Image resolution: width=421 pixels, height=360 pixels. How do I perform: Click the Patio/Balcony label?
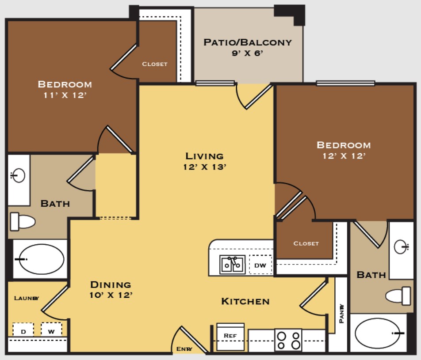click(x=247, y=42)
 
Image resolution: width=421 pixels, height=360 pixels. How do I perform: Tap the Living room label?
click(x=204, y=156)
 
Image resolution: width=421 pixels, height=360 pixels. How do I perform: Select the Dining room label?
click(x=111, y=284)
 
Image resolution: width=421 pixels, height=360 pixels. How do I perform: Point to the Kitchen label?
click(x=245, y=301)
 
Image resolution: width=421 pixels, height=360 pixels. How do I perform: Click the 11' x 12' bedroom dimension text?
click(x=65, y=95)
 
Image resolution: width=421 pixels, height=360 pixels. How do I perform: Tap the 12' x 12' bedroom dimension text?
click(x=344, y=156)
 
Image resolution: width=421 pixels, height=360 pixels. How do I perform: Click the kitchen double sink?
click(x=233, y=265)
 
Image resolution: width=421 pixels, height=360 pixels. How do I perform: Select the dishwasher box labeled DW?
click(x=260, y=265)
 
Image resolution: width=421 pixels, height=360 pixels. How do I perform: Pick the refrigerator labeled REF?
click(x=230, y=337)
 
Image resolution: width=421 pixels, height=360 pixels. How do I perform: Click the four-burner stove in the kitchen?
click(x=288, y=340)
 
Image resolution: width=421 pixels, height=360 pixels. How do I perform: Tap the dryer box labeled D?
click(x=23, y=330)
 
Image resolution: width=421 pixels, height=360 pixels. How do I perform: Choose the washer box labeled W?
click(x=51, y=330)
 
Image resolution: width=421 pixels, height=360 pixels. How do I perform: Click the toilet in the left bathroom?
click(x=23, y=222)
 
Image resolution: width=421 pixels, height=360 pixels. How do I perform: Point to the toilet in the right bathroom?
click(x=398, y=296)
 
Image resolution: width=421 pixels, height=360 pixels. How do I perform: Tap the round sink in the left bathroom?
click(x=18, y=175)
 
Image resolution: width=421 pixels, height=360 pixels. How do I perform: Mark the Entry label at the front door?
click(x=184, y=349)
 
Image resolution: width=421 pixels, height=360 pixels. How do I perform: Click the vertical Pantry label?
click(x=341, y=313)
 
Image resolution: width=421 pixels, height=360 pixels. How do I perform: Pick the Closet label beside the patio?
click(x=155, y=64)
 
